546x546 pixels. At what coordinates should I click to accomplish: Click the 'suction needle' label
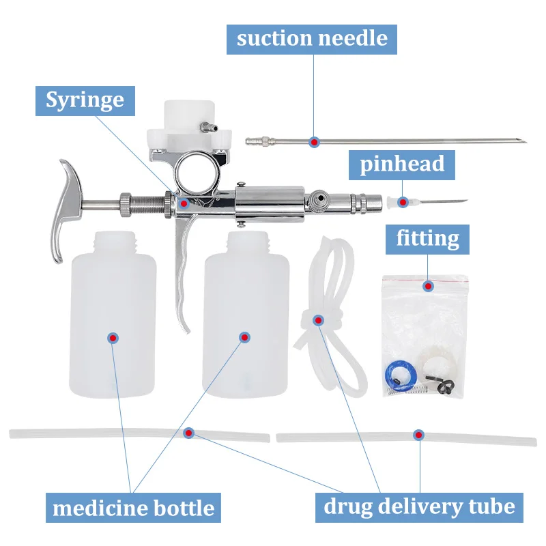[x=312, y=38]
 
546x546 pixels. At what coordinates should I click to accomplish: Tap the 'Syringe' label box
[x=85, y=100]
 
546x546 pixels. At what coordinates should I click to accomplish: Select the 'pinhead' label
[x=402, y=163]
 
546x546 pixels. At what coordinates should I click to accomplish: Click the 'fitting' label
[x=428, y=238]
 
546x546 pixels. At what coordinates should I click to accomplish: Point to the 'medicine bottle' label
[x=133, y=508]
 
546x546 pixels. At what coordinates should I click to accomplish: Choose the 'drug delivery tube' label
[x=418, y=506]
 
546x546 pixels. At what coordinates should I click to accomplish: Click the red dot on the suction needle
[x=314, y=142]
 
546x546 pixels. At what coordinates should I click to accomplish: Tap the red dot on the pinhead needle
[x=405, y=202]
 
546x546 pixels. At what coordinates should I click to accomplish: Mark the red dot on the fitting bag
[x=429, y=285]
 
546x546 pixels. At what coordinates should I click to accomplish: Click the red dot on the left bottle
[x=113, y=337]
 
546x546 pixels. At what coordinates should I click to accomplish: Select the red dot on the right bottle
[x=245, y=337]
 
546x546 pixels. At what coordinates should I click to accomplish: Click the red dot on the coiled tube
[x=318, y=320]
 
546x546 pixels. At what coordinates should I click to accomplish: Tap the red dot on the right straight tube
[x=418, y=434]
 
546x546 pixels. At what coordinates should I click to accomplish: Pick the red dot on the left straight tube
[x=188, y=432]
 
